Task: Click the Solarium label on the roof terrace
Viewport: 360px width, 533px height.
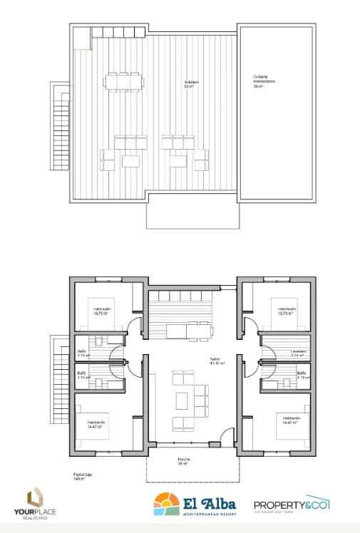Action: pos(191,83)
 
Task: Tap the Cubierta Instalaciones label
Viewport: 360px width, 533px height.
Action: pos(264,81)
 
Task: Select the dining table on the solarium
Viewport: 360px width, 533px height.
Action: pos(123,81)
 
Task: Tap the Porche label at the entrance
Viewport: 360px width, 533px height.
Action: pos(184,461)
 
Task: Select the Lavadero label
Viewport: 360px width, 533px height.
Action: pos(299,352)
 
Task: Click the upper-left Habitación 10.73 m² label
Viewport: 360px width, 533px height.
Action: pos(101,311)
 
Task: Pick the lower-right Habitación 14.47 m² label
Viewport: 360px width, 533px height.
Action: pos(291,420)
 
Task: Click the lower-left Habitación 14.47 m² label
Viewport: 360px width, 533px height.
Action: pos(97,424)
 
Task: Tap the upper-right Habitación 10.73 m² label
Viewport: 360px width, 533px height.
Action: pos(287,311)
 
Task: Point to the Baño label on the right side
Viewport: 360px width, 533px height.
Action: pos(302,375)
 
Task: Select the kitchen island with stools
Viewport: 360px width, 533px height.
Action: pos(188,330)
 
